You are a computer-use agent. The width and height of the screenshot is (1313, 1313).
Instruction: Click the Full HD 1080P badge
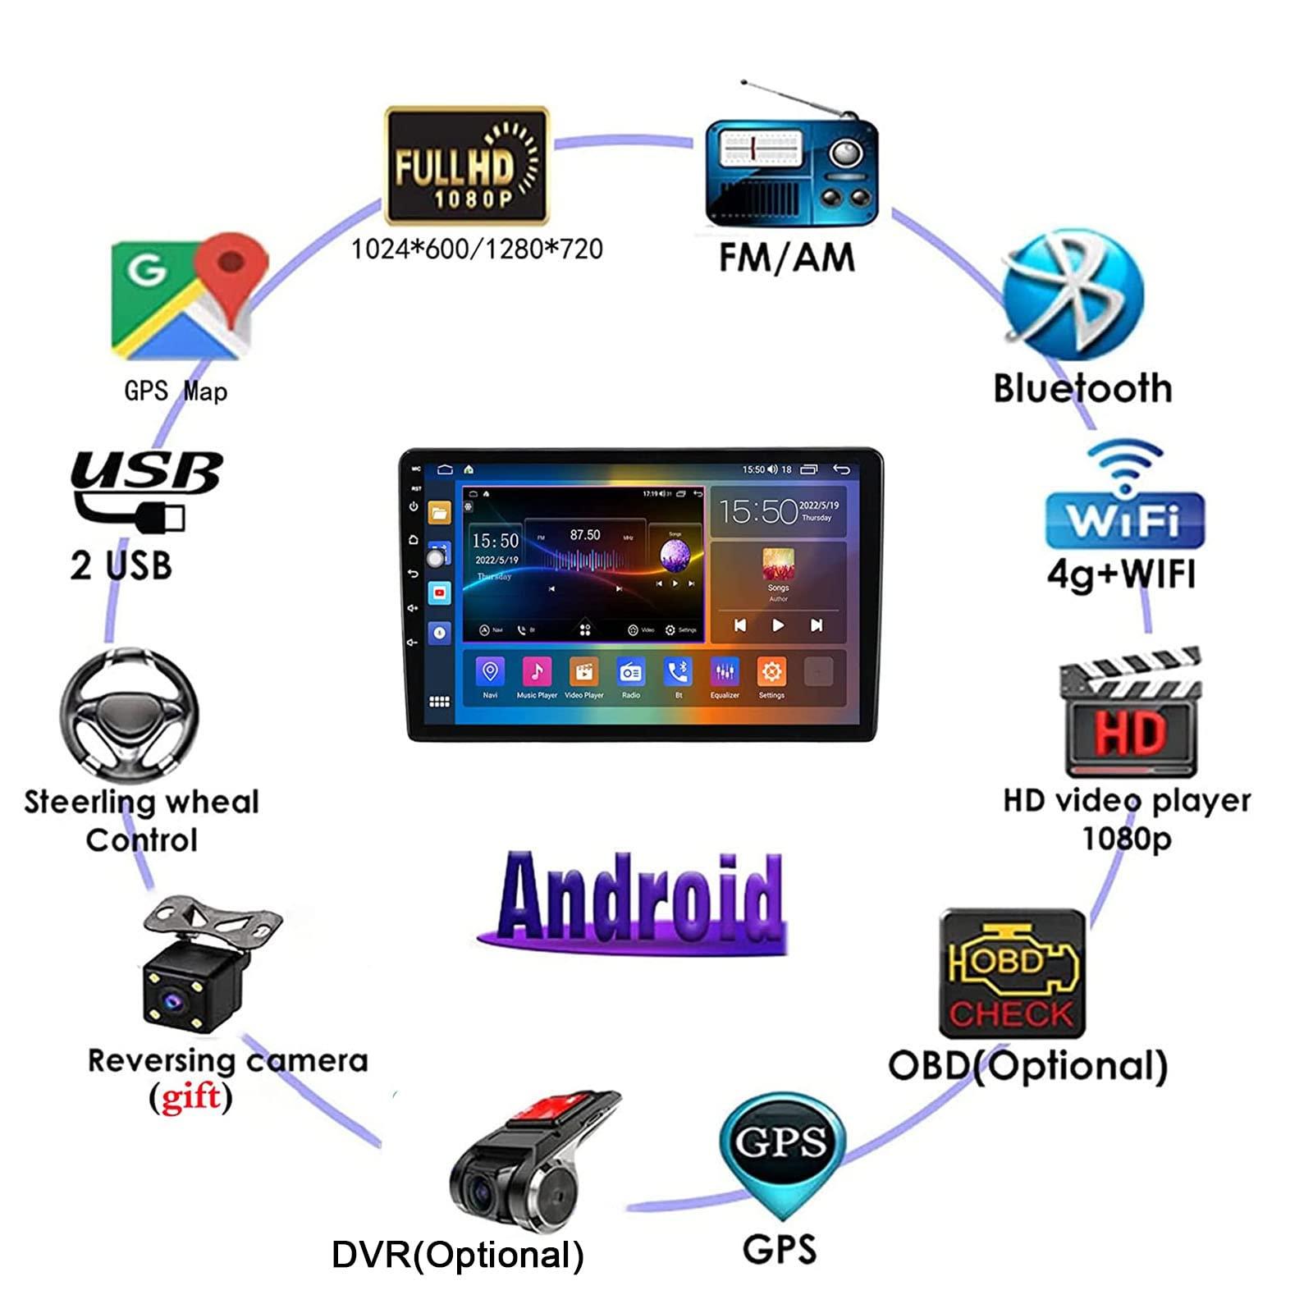click(466, 166)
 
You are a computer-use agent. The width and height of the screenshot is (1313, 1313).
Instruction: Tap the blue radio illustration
click(791, 172)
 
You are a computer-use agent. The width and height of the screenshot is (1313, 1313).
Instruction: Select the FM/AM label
click(787, 258)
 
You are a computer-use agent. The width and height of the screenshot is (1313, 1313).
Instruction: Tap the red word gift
click(190, 1098)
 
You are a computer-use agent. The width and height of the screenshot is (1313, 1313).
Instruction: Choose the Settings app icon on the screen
click(771, 673)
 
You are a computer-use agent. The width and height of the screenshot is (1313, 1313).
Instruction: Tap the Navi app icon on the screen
click(490, 673)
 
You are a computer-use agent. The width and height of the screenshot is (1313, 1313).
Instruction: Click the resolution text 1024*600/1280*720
click(477, 249)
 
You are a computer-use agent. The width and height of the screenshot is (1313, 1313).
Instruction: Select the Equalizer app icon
click(725, 673)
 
